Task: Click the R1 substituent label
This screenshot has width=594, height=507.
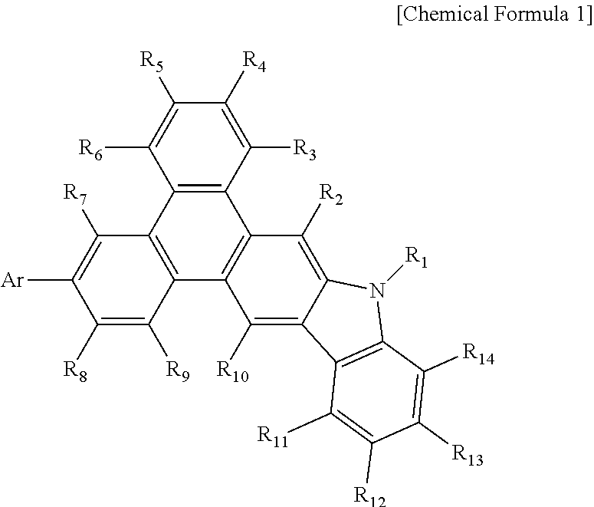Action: coord(415,258)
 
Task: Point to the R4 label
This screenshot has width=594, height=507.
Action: coord(254,62)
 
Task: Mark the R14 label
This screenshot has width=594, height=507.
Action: coord(479,354)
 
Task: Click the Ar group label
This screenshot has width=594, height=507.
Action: coord(14,280)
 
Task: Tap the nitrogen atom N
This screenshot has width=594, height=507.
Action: coord(376,290)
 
